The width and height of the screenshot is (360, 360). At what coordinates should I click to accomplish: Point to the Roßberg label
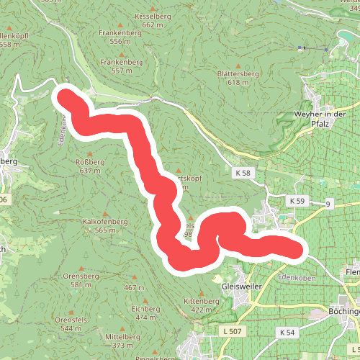(x=91, y=162)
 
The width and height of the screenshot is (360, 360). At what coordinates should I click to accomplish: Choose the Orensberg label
(x=80, y=276)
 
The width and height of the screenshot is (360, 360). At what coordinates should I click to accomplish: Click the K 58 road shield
(x=242, y=174)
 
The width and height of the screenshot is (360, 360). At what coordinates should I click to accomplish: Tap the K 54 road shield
(x=287, y=332)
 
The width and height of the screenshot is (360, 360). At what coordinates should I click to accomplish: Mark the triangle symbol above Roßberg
(x=90, y=154)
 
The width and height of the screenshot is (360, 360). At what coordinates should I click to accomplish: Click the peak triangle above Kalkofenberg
(x=105, y=213)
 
